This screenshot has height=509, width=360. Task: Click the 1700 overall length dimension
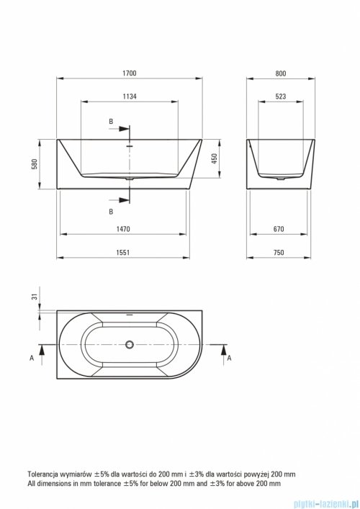click(129, 73)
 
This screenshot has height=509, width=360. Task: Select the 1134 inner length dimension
click(129, 96)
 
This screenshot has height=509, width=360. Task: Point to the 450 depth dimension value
click(215, 158)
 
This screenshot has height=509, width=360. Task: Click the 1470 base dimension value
click(123, 229)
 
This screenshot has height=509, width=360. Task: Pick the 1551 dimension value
click(123, 253)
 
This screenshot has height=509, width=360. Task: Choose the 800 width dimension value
click(281, 73)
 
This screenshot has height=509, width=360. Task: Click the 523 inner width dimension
click(281, 96)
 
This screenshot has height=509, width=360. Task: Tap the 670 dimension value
click(279, 229)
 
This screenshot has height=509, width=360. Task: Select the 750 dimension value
click(279, 253)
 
